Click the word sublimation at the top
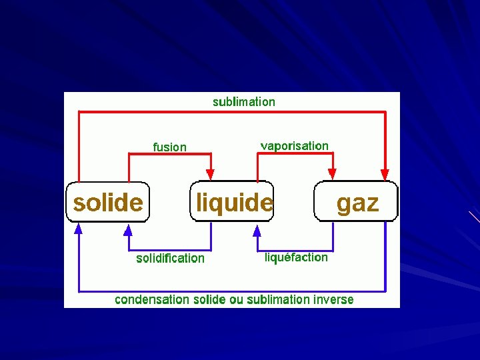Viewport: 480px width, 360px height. [243, 102]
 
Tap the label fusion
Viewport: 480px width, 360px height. [170, 147]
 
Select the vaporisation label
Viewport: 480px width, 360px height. [294, 145]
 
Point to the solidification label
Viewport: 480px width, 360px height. [170, 258]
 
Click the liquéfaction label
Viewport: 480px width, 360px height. [296, 257]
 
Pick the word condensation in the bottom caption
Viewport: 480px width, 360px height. [152, 299]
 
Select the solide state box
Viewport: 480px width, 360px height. [107, 201]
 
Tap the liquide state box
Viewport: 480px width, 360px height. [232, 201]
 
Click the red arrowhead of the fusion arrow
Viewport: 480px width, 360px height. [211, 174]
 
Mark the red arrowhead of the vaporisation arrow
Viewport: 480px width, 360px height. [333, 174]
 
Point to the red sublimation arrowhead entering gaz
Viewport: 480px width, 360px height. [385, 174]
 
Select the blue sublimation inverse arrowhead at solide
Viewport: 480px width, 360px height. [79, 229]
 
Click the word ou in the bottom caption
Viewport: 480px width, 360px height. [237, 299]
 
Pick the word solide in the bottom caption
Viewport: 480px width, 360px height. [209, 299]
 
